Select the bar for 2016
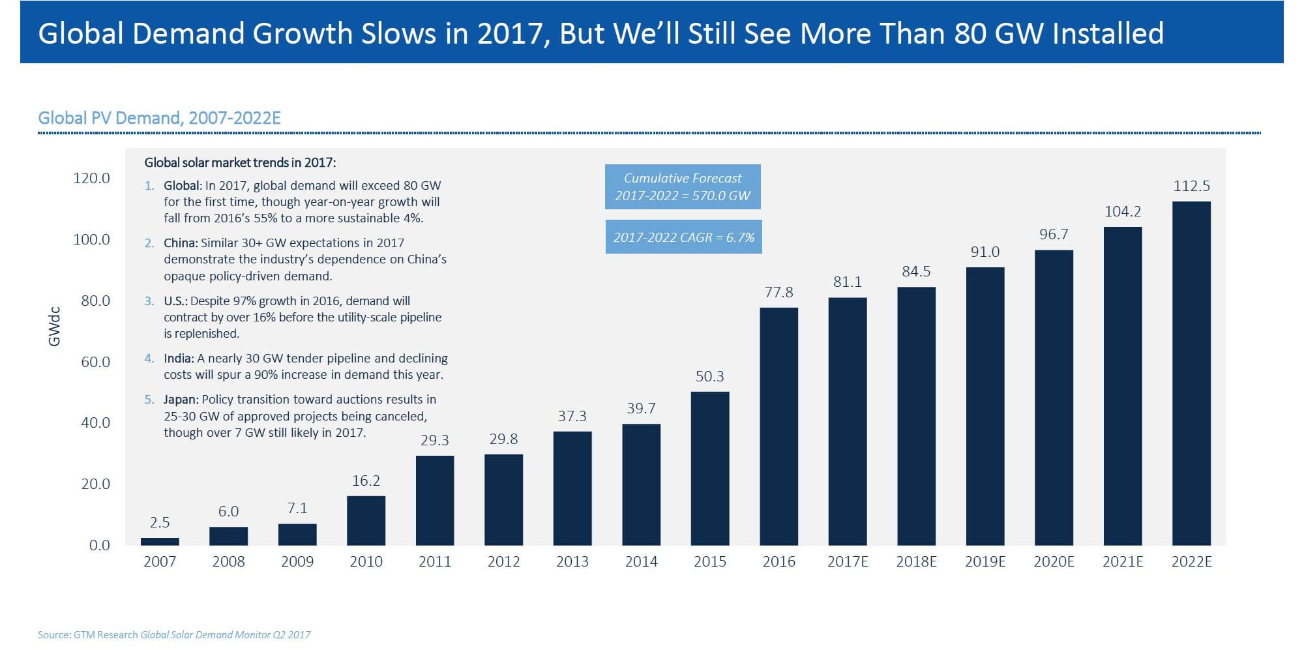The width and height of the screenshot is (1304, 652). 778,426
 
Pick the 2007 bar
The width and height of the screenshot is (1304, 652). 160,541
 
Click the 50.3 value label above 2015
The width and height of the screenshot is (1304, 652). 709,376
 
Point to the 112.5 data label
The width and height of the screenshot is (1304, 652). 1191,186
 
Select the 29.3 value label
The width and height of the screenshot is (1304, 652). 434,440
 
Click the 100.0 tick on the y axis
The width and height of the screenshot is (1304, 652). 91,239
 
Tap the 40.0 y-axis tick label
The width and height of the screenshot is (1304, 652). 95,422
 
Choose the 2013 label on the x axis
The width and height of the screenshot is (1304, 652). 572,561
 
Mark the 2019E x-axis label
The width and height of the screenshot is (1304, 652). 985,561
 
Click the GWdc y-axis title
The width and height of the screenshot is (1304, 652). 55,326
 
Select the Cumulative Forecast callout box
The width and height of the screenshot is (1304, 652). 683,186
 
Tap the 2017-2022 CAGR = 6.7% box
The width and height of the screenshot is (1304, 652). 683,237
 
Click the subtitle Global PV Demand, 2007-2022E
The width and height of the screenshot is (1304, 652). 159,118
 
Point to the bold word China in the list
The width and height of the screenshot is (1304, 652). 180,243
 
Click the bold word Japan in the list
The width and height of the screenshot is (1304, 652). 180,399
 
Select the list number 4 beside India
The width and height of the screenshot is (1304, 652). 149,358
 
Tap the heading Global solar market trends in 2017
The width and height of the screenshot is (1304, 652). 240,162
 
